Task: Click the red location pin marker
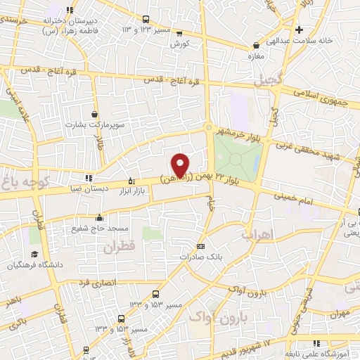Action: click(181, 165)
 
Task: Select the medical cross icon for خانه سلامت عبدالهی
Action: click(299, 30)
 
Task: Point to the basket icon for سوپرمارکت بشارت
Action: click(95, 114)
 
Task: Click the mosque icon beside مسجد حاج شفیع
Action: click(100, 217)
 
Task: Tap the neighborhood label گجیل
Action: click(289, 81)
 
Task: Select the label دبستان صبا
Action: click(87, 188)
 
